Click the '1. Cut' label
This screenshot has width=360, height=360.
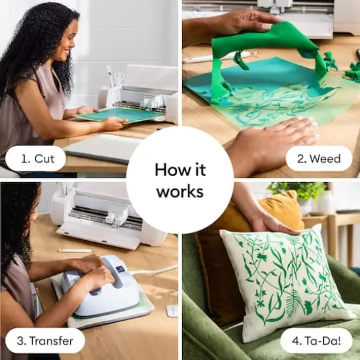point(35,158)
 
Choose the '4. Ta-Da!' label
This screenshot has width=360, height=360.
point(315,340)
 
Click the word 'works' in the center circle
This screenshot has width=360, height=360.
point(179,192)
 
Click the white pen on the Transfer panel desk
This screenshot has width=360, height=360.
point(75,251)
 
